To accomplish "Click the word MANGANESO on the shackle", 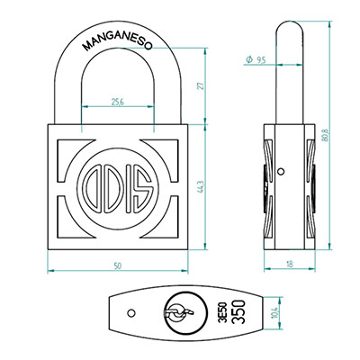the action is [118, 43].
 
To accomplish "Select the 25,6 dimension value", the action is [118, 102].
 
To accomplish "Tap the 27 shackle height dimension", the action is [202, 85].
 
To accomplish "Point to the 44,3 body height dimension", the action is [201, 186].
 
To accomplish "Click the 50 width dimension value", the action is [118, 265].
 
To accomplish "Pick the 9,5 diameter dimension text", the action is [261, 60].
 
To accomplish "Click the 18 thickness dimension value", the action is [290, 264].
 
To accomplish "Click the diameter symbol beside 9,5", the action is [249, 59].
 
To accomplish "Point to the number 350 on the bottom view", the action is [238, 312].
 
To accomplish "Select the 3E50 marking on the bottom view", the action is [223, 312].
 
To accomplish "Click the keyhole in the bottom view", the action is [179, 312].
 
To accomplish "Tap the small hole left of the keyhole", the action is [131, 313].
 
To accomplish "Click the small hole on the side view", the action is [281, 172].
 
